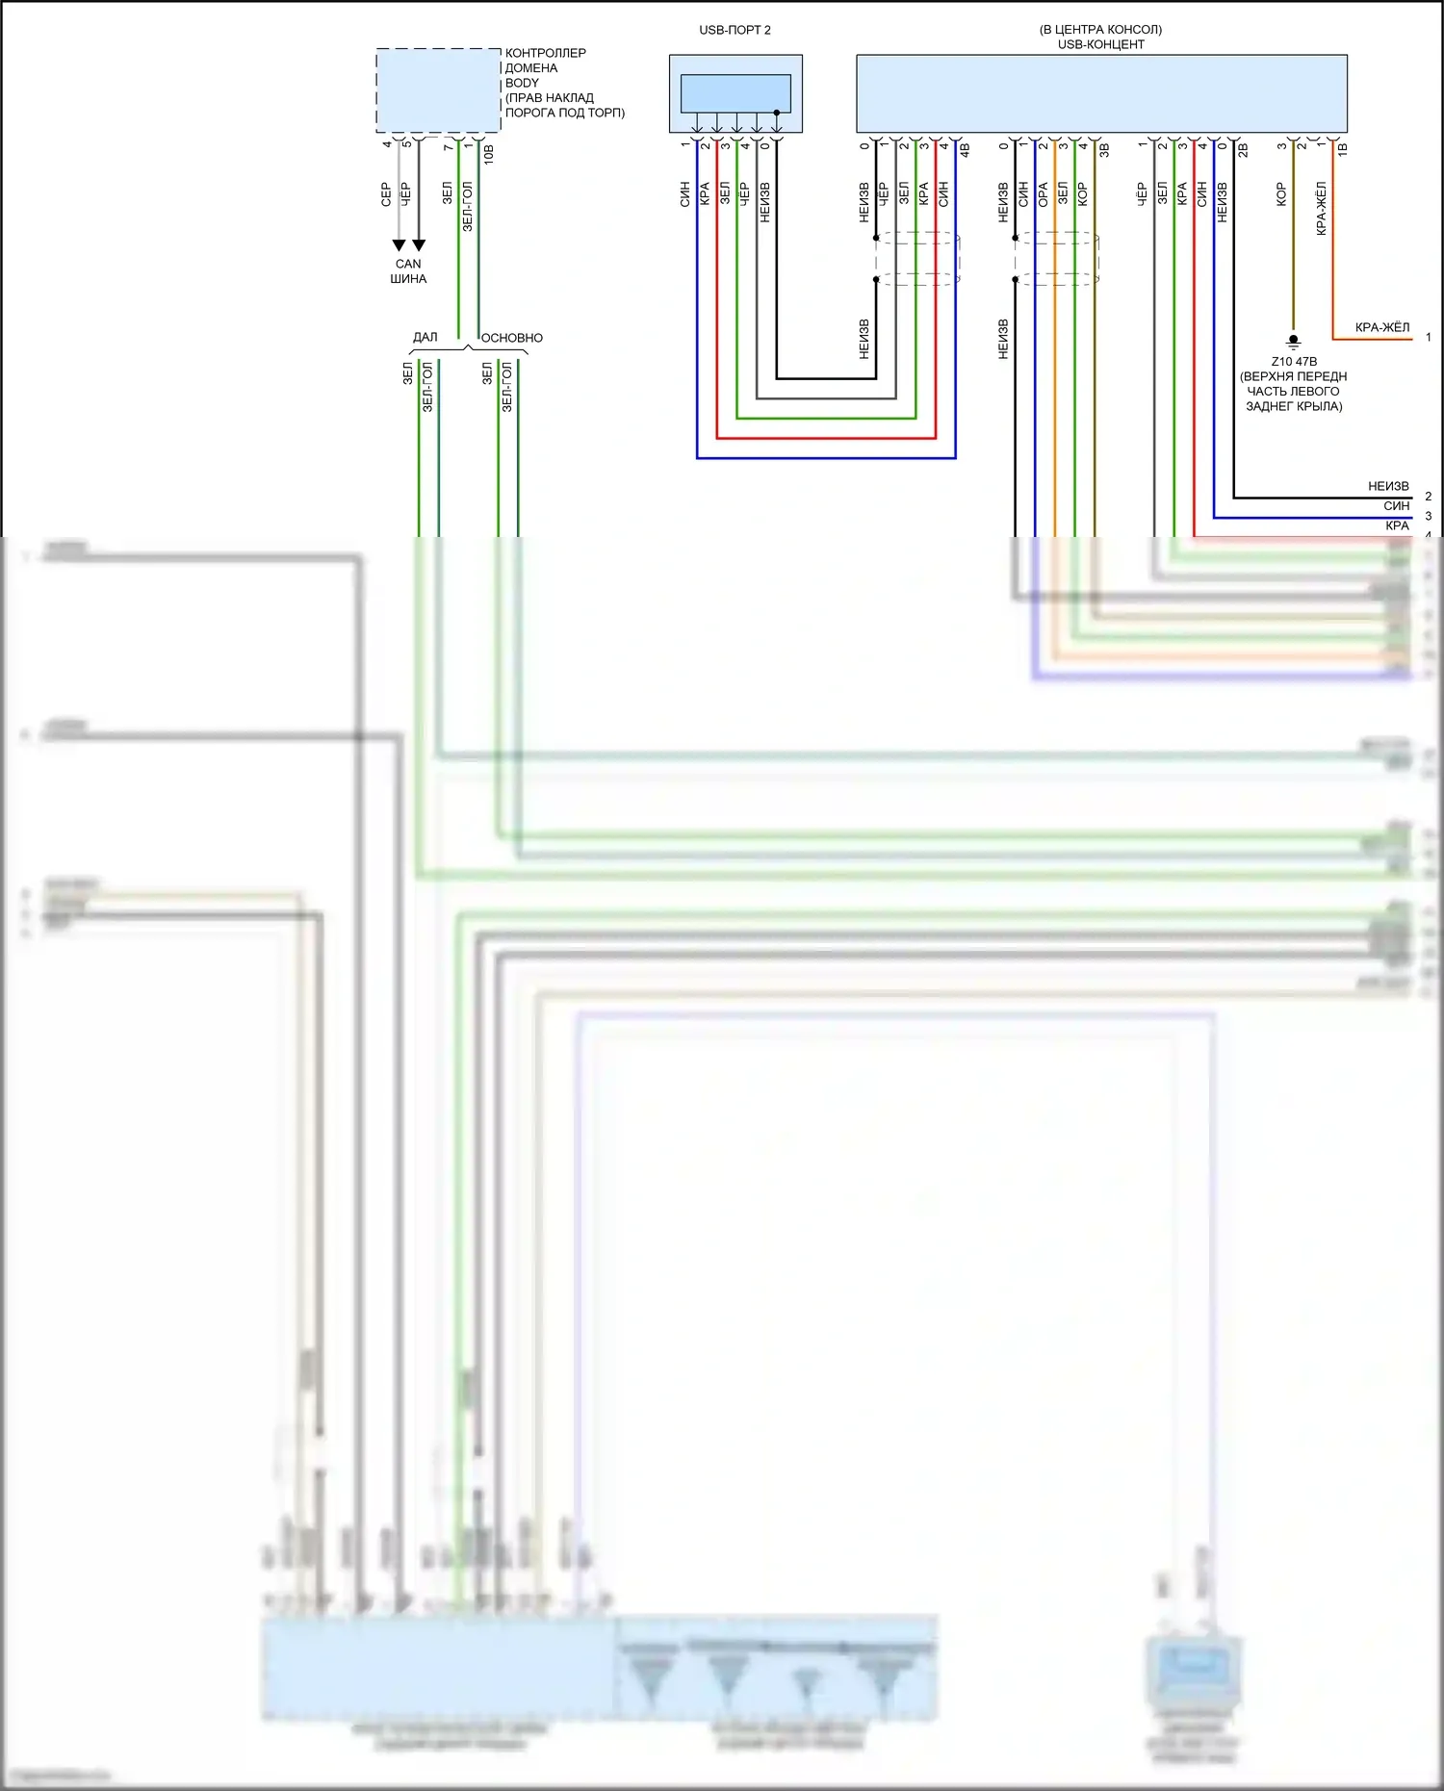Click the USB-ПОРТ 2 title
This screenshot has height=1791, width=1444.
pos(735,30)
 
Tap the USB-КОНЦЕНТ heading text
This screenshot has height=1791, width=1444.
pos(1100,44)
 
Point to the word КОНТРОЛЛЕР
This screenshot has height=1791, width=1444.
pos(545,53)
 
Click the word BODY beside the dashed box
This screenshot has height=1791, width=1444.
pos(522,83)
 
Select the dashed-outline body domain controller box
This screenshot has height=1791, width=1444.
pos(438,90)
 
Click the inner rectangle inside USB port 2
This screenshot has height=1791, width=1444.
pos(735,93)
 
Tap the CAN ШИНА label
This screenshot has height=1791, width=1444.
pos(408,271)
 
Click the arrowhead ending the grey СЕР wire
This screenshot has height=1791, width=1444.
pos(399,245)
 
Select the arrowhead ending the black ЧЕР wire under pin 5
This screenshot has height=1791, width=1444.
pos(419,245)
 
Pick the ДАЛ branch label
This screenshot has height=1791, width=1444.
pos(425,337)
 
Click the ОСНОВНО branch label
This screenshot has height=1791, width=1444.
pos(511,338)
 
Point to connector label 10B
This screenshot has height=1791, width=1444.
pos(489,154)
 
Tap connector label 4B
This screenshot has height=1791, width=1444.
pos(965,150)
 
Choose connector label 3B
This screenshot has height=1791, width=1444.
pos(1104,150)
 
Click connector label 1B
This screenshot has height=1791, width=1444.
pos(1342,149)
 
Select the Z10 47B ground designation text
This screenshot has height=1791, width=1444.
pos(1294,362)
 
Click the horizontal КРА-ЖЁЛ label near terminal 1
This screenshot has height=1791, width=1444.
pos(1381,327)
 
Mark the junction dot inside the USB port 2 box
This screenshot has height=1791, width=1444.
pos(776,113)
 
